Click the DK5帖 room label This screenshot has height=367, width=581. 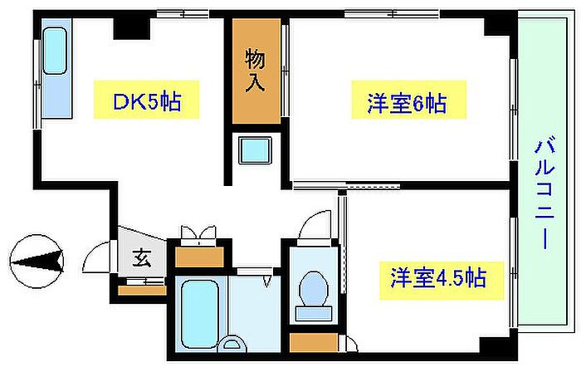[x=145, y=104]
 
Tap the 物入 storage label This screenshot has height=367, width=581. [x=255, y=71]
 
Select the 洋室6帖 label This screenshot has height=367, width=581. [x=407, y=104]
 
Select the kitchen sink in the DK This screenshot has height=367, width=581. [x=55, y=51]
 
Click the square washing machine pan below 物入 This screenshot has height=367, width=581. [x=255, y=151]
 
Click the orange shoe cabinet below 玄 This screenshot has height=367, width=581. [x=141, y=290]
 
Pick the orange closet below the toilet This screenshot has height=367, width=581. [x=314, y=342]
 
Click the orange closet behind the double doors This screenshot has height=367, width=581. [x=199, y=256]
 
